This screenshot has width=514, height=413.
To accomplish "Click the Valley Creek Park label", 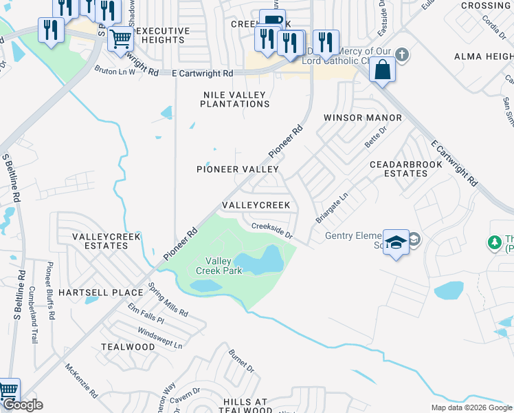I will (219, 266).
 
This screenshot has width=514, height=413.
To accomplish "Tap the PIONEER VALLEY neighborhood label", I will (238, 169).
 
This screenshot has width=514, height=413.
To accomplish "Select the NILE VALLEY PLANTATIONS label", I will (234, 99).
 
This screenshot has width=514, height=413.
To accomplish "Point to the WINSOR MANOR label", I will (363, 118).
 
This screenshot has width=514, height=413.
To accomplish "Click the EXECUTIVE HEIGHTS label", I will (162, 36).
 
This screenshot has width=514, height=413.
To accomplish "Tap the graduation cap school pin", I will (396, 242).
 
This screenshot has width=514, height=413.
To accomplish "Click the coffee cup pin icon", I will (272, 19).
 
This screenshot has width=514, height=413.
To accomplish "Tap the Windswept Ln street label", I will (160, 332).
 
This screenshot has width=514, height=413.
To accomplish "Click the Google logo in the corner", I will (23, 405).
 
